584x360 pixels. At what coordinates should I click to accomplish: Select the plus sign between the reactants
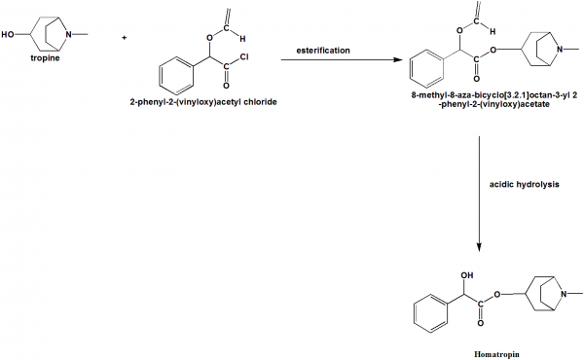coord(124,38)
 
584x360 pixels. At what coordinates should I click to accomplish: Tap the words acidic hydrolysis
coord(524,185)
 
